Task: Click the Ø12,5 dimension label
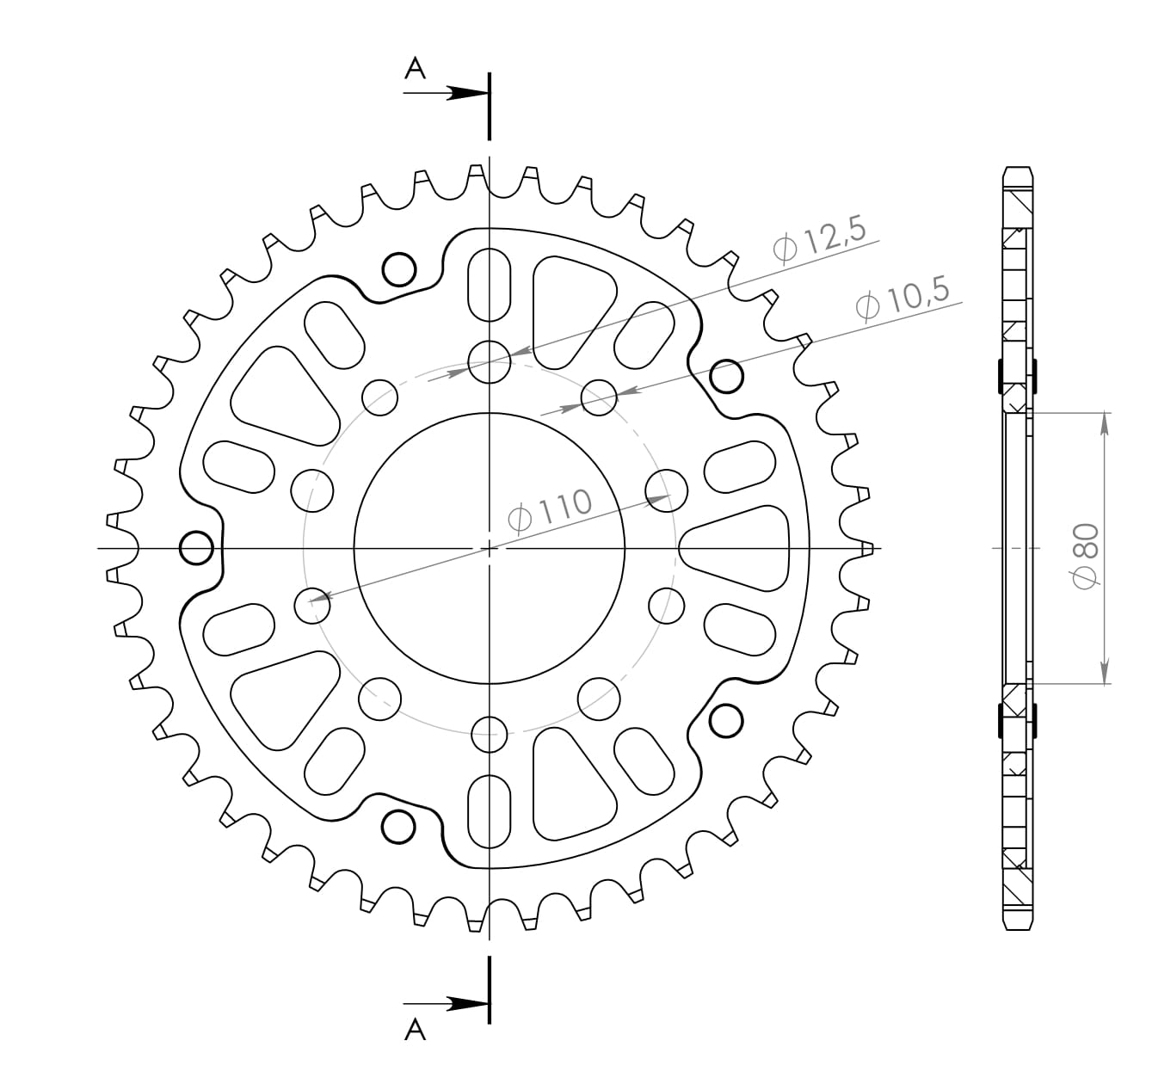[x=822, y=242]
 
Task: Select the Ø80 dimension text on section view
[x=1087, y=556]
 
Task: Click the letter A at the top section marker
[x=416, y=69]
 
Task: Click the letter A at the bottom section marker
[x=416, y=1030]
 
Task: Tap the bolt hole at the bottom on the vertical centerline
[x=490, y=734]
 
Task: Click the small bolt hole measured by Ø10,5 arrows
[x=600, y=397]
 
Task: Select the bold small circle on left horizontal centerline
[x=197, y=547]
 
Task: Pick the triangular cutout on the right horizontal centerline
[x=740, y=547]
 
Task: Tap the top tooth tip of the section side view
[x=1017, y=169]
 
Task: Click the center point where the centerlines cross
[x=490, y=548]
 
